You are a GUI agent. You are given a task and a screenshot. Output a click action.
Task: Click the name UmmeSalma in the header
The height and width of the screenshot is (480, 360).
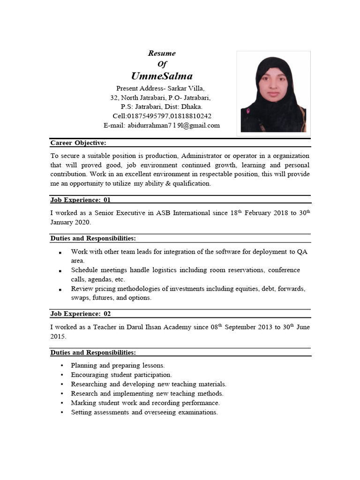click(x=162, y=76)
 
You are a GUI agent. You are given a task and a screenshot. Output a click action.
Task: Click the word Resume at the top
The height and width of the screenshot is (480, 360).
click(x=162, y=53)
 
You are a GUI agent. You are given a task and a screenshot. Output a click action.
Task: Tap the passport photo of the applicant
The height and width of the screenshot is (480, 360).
click(x=273, y=94)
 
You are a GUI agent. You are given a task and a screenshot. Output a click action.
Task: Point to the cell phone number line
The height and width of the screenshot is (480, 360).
click(x=162, y=116)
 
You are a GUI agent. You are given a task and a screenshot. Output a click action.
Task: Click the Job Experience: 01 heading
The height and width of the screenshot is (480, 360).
click(x=81, y=200)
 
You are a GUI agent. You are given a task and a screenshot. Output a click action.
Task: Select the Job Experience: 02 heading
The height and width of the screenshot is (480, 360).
click(x=81, y=314)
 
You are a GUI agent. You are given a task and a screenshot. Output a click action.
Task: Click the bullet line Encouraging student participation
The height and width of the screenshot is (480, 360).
click(x=121, y=375)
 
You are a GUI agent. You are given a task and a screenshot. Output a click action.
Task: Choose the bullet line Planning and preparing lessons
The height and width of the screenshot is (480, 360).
click(x=118, y=365)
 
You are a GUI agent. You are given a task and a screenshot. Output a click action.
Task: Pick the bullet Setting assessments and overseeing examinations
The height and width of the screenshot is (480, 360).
click(x=144, y=412)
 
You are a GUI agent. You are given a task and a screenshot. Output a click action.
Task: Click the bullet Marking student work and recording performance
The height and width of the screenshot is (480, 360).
click(x=145, y=403)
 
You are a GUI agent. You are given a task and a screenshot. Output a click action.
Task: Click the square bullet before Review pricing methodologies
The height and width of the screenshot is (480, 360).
click(x=61, y=290)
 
